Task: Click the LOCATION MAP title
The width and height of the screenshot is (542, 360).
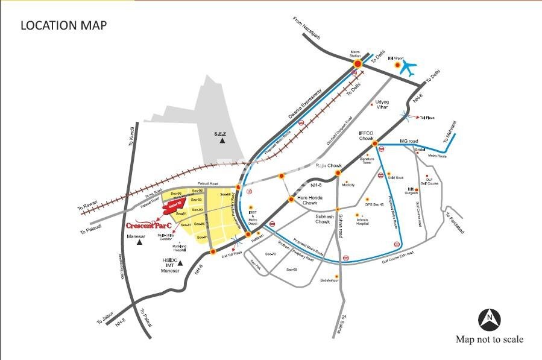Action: (63, 25)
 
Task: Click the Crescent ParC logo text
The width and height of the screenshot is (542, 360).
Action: (149, 225)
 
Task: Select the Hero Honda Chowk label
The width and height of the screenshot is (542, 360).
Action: (301, 200)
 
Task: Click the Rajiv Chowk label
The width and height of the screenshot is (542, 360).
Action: (330, 165)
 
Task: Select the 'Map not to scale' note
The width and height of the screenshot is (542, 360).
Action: (490, 339)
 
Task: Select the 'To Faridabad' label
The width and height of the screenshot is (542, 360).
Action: (456, 215)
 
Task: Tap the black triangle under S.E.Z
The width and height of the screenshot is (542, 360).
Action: (222, 141)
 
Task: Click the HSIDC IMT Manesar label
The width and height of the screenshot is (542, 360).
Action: (171, 266)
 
